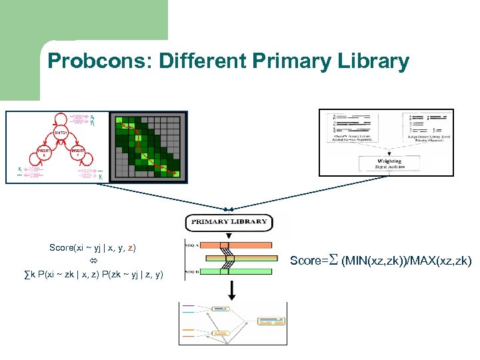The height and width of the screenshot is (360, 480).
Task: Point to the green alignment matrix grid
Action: point(147,147)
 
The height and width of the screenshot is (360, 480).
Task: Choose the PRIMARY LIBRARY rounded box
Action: point(229,221)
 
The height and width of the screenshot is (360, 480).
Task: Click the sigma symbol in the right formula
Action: point(335,260)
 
